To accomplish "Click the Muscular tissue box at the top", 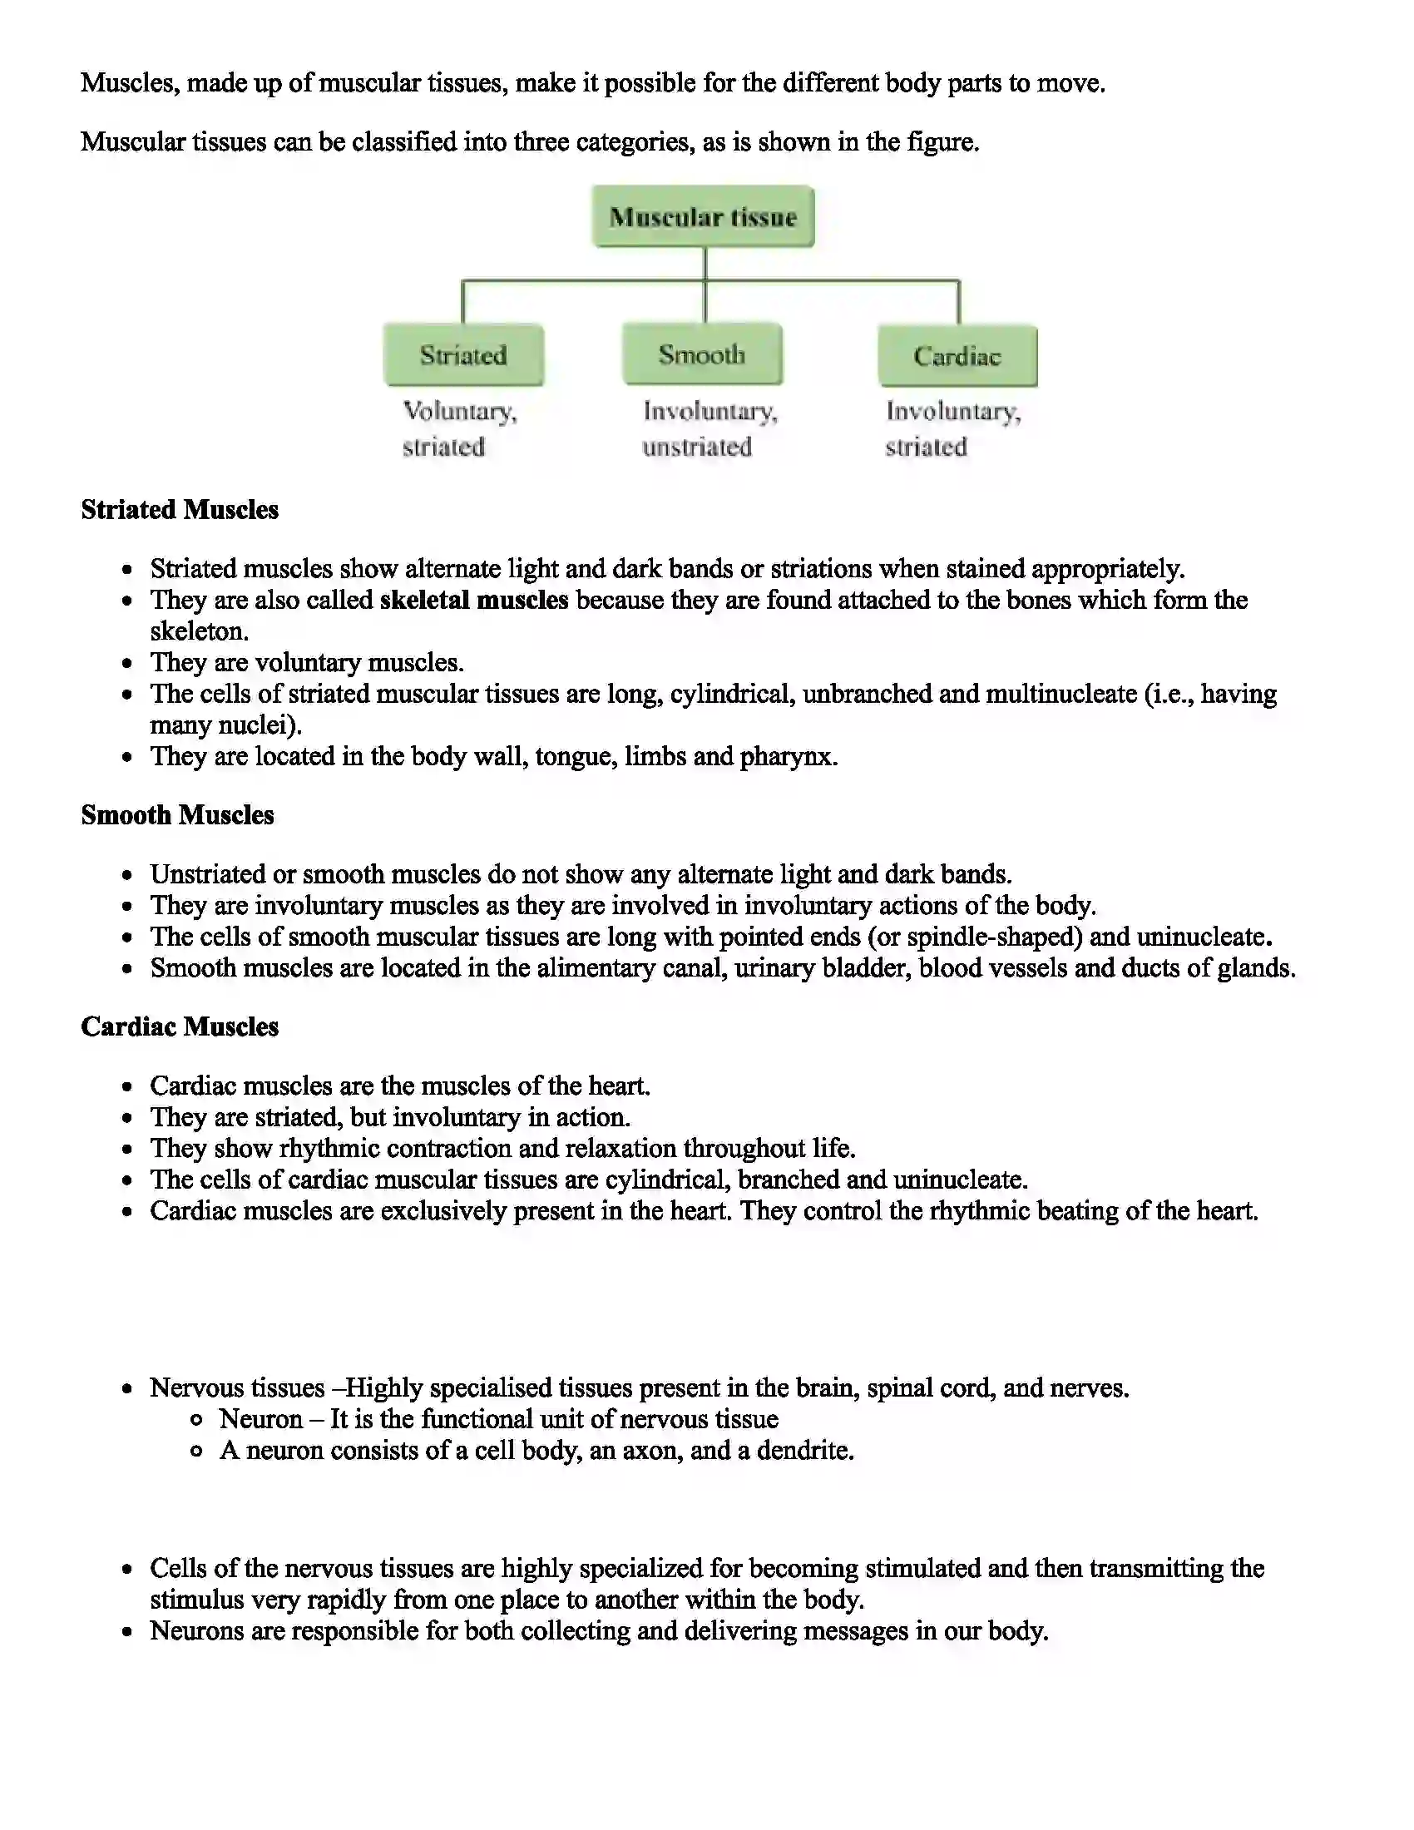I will point(703,217).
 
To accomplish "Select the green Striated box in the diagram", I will point(463,355).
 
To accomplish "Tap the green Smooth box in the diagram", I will point(702,354).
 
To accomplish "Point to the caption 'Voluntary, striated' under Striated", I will point(459,428).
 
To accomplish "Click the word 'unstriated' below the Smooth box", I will point(696,448).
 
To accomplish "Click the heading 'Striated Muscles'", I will point(180,509).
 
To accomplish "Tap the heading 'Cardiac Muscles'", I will point(180,1026).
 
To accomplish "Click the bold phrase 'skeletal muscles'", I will point(473,600).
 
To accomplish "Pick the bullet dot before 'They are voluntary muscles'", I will point(127,664).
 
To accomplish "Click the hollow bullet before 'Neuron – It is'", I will point(196,1420).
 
